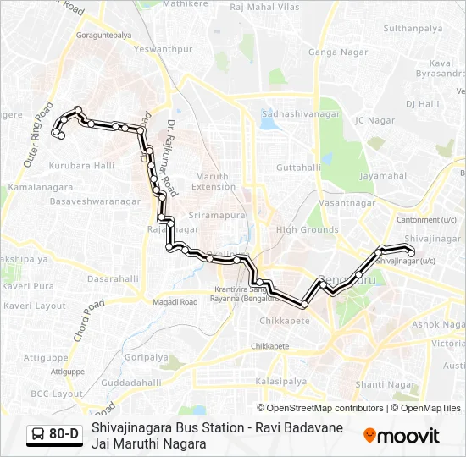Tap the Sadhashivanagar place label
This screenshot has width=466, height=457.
[301, 113]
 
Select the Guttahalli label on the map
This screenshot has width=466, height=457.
[299, 168]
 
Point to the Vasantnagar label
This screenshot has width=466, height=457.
[347, 204]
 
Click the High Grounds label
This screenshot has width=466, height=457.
[307, 229]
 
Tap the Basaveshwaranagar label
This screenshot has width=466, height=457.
[95, 202]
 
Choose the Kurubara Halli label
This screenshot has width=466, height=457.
[81, 166]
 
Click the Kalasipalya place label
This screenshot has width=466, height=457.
[280, 382]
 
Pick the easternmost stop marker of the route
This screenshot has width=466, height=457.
[411, 252]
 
